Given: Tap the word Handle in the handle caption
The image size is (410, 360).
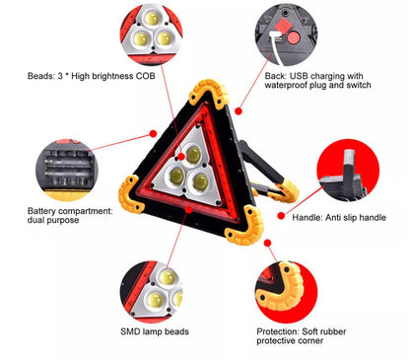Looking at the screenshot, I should pyautogui.click(x=310, y=216).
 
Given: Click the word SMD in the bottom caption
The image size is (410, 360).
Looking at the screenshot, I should pyautogui.click(x=132, y=330).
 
